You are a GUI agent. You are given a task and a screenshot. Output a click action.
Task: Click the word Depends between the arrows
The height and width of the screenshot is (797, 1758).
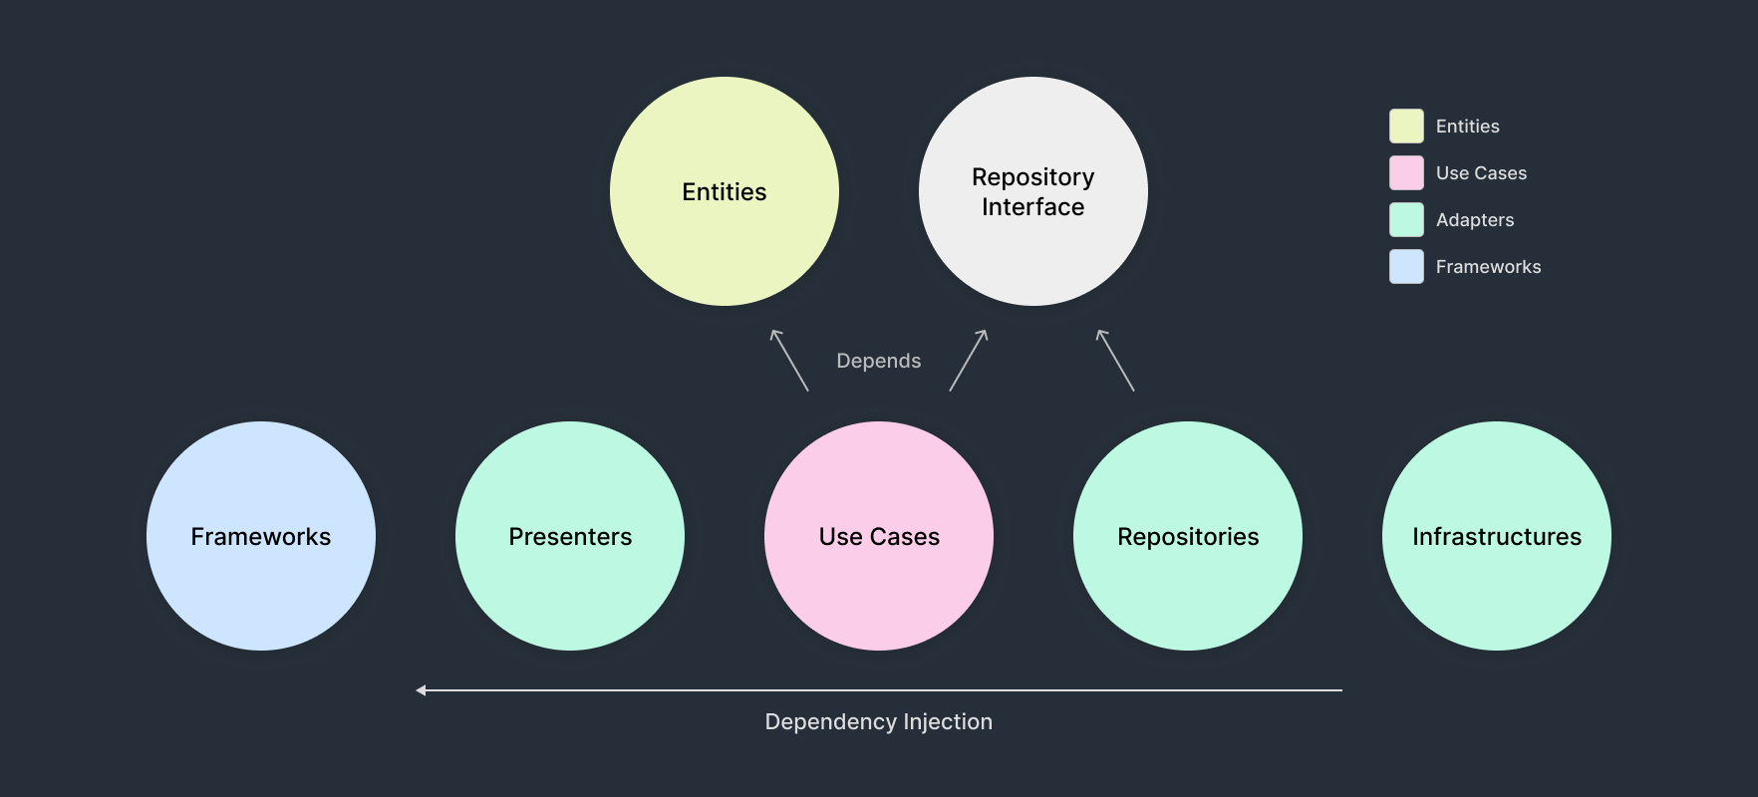[x=878, y=361]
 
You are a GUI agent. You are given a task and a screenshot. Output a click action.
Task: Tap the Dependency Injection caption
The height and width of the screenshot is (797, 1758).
[x=878, y=721]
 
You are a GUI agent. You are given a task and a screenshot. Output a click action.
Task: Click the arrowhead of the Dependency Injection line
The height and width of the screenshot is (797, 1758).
[x=422, y=689]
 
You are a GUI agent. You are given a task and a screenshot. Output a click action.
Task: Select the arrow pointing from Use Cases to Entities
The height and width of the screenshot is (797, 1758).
[x=789, y=360]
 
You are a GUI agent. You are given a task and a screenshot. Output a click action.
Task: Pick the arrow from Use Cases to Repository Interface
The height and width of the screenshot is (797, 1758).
[x=969, y=360]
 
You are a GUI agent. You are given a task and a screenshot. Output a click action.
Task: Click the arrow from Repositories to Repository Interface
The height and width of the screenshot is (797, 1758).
[x=1115, y=360]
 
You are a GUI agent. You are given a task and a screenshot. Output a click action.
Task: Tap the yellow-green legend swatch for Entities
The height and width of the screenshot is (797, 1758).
[x=1406, y=127]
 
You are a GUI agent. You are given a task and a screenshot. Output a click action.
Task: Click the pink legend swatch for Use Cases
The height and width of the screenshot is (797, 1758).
[x=1406, y=173]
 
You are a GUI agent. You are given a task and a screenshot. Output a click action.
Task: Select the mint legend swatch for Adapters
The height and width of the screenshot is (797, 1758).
[x=1406, y=220]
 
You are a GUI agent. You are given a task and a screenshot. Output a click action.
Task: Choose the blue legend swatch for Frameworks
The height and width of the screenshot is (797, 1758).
[x=1406, y=267]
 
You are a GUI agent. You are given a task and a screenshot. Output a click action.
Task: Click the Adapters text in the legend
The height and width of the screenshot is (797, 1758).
[x=1474, y=220]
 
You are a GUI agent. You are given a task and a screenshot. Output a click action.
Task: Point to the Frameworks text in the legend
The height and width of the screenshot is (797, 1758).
[x=1488, y=267]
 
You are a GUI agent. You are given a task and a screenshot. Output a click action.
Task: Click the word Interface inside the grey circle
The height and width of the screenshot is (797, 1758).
[x=1032, y=207]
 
